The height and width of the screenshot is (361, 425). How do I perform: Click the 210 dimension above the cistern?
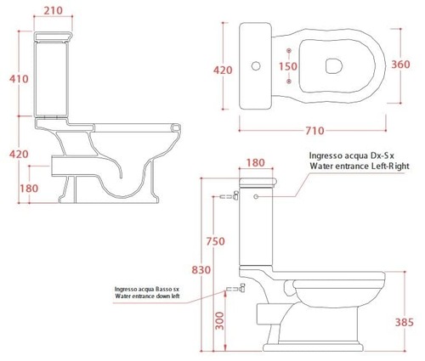(x=54, y=11)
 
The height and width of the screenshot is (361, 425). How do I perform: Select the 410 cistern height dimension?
(x=19, y=79)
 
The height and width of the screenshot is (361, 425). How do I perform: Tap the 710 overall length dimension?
(x=314, y=131)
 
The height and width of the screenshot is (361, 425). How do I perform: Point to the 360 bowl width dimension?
(x=400, y=65)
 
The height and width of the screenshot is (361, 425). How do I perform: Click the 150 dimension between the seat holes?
(x=288, y=66)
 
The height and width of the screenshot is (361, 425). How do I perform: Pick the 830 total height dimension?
(x=201, y=270)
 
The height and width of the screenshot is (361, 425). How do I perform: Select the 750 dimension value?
(x=215, y=241)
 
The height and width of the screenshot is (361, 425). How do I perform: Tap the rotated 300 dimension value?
(x=219, y=321)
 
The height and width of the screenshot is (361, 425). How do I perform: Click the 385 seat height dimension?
(x=405, y=322)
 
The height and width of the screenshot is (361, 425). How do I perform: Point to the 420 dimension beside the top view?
(x=223, y=70)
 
